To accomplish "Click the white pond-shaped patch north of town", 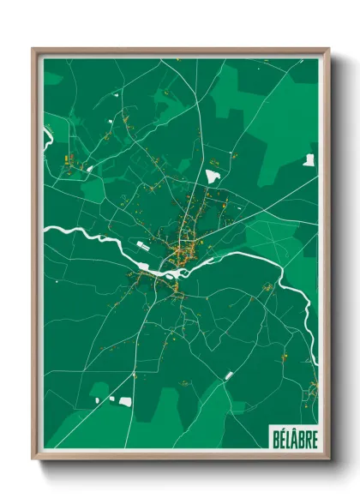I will pyautogui.click(x=213, y=176).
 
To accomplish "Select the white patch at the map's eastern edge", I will pyautogui.click(x=309, y=159).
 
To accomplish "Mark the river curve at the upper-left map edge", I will pyautogui.click(x=46, y=137).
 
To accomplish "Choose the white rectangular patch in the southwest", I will pyautogui.click(x=125, y=401).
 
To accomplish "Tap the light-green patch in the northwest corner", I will pyautogui.click(x=53, y=79).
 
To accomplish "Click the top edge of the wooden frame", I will pyautogui.click(x=180, y=51).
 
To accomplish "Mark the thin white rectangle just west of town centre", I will pyautogui.click(x=142, y=247).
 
